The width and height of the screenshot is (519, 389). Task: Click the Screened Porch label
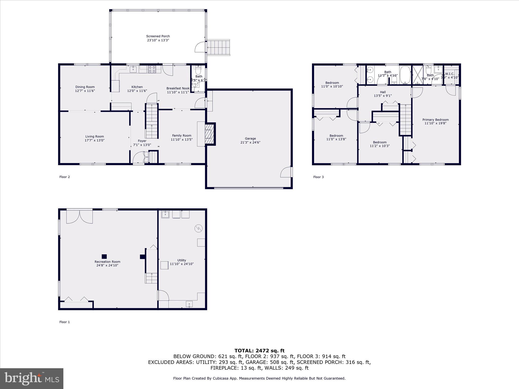click(x=158, y=36)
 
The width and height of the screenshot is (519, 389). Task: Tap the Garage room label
click(x=250, y=139)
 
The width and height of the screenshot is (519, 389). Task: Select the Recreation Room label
click(x=107, y=262)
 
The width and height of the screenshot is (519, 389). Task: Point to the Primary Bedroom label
click(x=435, y=120)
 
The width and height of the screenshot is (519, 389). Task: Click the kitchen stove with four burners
click(x=152, y=69)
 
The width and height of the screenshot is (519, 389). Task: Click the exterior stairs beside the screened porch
click(x=218, y=47)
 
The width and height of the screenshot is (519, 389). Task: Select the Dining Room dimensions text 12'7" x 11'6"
click(x=85, y=91)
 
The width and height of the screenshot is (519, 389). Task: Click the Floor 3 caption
click(x=318, y=177)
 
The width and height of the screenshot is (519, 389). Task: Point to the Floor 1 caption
click(x=64, y=322)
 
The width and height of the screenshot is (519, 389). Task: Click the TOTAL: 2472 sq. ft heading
click(x=259, y=351)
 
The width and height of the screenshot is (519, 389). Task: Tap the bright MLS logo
click(x=32, y=378)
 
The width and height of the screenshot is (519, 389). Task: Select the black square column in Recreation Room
click(x=104, y=256)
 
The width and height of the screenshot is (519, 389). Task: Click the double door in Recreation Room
click(x=80, y=217)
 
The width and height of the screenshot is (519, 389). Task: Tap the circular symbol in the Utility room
click(x=199, y=229)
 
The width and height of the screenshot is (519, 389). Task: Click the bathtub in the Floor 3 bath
click(x=405, y=75)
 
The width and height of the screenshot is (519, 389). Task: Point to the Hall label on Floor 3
click(x=383, y=92)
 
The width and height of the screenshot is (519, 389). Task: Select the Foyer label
click(x=142, y=141)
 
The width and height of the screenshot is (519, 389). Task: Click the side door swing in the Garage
click(x=286, y=172)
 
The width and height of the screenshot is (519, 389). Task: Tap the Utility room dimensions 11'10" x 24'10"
click(x=182, y=264)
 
